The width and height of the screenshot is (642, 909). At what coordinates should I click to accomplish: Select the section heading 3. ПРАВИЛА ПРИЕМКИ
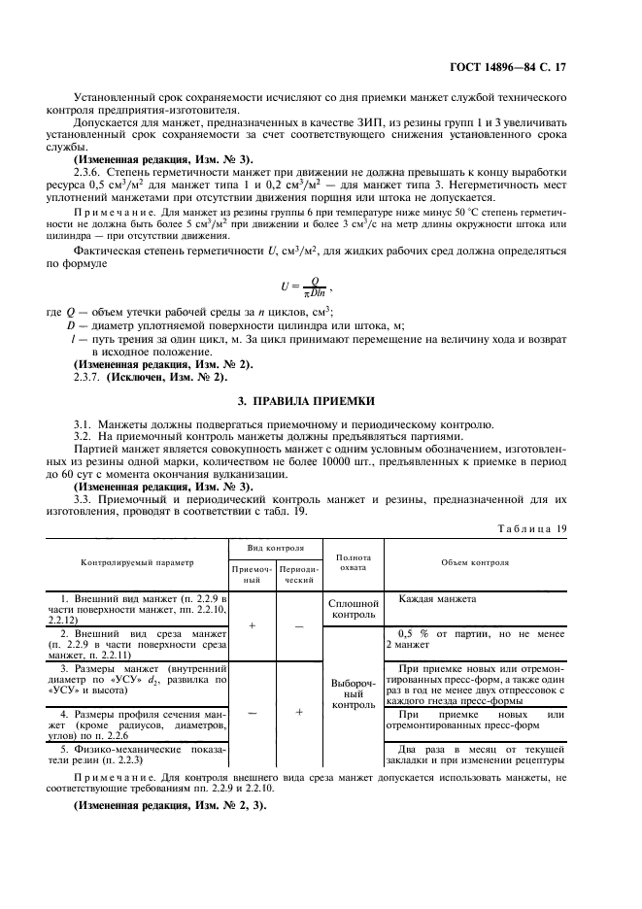pyautogui.click(x=321, y=400)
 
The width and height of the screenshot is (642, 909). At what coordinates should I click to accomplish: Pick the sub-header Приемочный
pyautogui.click(x=252, y=573)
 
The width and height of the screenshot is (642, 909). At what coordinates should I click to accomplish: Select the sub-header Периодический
pyautogui.click(x=297, y=573)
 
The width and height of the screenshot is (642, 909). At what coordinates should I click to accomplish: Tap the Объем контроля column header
pyautogui.click(x=481, y=561)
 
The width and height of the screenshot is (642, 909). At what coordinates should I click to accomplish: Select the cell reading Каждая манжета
pyautogui.click(x=437, y=598)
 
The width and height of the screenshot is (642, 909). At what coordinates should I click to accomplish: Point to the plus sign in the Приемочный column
pyautogui.click(x=252, y=625)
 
